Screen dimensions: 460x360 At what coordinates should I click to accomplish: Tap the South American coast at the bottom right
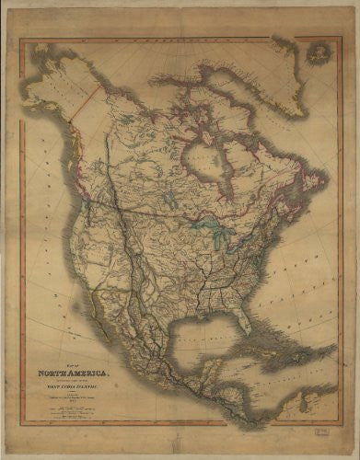click(304, 405)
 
